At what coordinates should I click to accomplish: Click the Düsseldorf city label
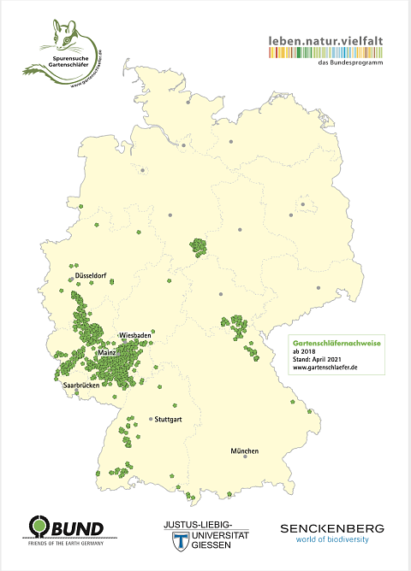(x=96, y=278)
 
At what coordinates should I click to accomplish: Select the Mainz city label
(x=108, y=352)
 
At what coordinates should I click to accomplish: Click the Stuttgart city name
(x=175, y=420)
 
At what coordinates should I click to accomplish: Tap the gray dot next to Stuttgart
(x=152, y=419)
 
